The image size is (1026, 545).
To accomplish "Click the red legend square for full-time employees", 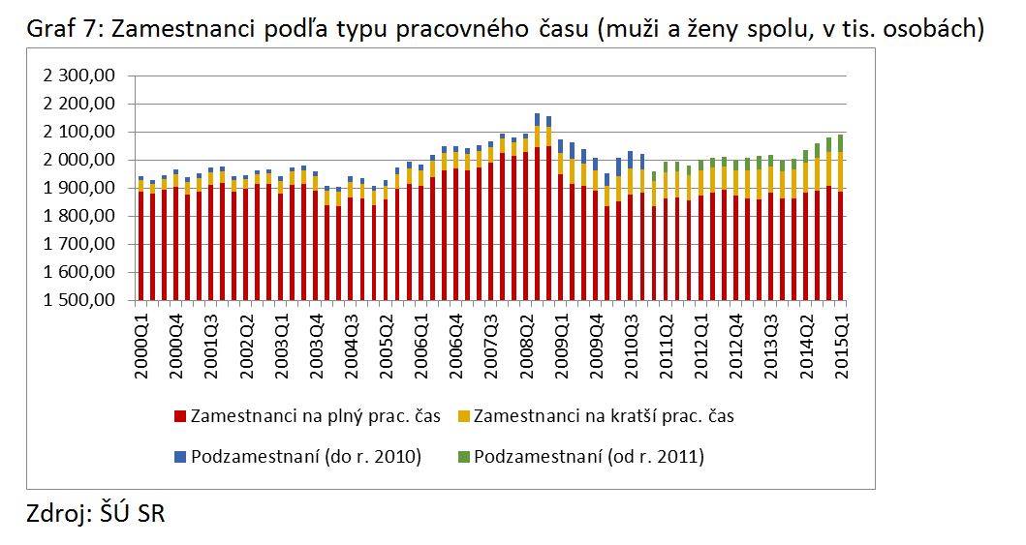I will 180,417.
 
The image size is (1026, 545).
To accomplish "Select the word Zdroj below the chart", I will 55,514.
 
